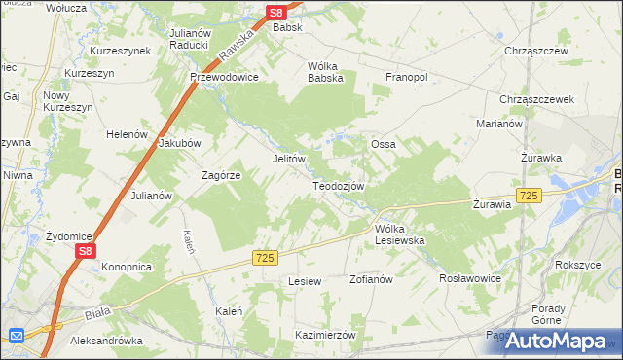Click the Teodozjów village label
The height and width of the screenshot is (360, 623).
(x=338, y=186)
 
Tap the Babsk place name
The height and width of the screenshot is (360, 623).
(x=287, y=27)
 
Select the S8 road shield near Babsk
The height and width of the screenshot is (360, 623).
(x=276, y=12)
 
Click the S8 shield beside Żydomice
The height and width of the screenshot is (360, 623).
(x=85, y=251)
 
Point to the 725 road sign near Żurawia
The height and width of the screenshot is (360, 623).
(x=529, y=196)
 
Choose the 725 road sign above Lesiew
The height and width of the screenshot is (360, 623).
(x=265, y=257)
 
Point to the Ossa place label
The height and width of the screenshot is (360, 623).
(x=382, y=144)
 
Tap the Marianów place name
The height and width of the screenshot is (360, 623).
(x=500, y=124)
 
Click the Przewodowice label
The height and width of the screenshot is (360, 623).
(x=224, y=77)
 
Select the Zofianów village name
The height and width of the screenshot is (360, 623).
(x=370, y=279)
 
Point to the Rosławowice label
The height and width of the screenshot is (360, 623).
(x=470, y=277)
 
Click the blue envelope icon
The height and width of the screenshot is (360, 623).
(x=16, y=336)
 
